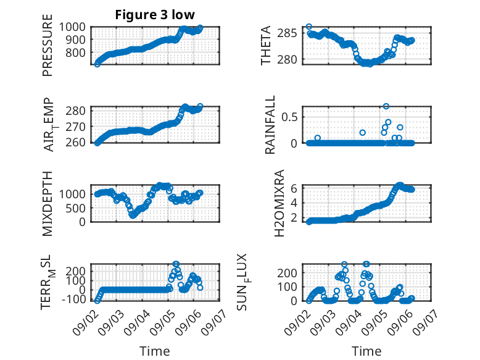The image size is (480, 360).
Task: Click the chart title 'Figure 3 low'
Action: [155, 15]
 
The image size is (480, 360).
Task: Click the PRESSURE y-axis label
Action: [48, 45]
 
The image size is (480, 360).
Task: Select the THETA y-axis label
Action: [266, 45]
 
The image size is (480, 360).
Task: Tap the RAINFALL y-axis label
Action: [270, 125]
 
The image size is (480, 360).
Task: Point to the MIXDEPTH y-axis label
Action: [48, 204]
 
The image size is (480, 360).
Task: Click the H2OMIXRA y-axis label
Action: [279, 203]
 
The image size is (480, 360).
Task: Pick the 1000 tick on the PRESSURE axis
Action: [72, 27]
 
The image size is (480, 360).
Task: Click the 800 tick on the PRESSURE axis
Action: [76, 52]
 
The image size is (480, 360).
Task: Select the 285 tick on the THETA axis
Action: [287, 33]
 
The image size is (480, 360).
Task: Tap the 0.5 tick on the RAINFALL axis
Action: [289, 117]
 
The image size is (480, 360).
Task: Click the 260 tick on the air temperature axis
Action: [76, 143]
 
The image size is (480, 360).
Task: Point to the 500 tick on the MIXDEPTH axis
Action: [76, 208]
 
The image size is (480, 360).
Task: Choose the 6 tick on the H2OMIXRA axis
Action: [294, 188]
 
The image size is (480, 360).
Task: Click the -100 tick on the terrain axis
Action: [74, 299]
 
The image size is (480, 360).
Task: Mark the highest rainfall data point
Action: [386, 106]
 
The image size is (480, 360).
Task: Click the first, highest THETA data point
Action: [309, 27]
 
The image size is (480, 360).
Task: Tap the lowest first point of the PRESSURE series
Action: [97, 64]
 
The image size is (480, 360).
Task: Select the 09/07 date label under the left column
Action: [215, 322]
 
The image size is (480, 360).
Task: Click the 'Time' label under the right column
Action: [366, 351]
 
